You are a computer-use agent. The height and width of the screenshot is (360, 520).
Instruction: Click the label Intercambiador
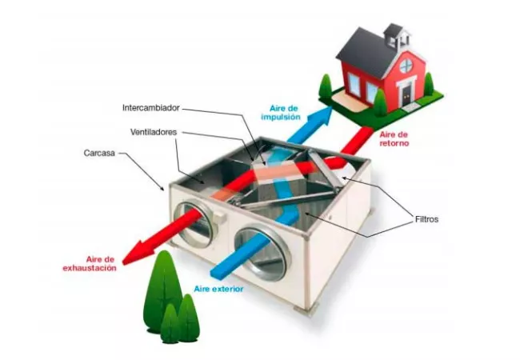pyautogui.click(x=151, y=108)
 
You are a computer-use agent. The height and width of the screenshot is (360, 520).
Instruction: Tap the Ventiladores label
pyautogui.click(x=154, y=132)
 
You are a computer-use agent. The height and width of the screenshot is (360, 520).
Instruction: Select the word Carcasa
pyautogui.click(x=99, y=153)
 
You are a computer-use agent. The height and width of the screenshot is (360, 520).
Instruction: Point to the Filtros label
pyautogui.click(x=427, y=219)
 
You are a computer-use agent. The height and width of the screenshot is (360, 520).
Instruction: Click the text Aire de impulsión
pyautogui.click(x=281, y=113)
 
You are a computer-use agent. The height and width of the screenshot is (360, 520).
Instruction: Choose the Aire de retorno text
pyautogui.click(x=394, y=139)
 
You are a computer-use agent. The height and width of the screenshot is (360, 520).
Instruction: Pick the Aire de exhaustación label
pyautogui.click(x=90, y=263)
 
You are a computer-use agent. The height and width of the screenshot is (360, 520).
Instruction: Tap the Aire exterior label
pyautogui.click(x=218, y=289)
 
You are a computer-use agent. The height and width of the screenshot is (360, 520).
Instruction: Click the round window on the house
pyautogui.click(x=406, y=66)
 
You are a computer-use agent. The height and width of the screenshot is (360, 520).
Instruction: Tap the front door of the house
pyautogui.click(x=406, y=94)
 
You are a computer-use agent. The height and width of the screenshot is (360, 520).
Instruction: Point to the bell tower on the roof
pyautogui.click(x=396, y=35)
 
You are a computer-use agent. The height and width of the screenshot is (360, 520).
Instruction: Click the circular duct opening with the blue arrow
pyautogui.click(x=262, y=253)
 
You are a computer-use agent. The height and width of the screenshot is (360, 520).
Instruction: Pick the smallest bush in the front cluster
pyautogui.click(x=170, y=323)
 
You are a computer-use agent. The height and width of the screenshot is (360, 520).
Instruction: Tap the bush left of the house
pyautogui.click(x=326, y=86)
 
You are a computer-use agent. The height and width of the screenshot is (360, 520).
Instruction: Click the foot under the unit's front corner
pyautogui.click(x=303, y=310)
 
